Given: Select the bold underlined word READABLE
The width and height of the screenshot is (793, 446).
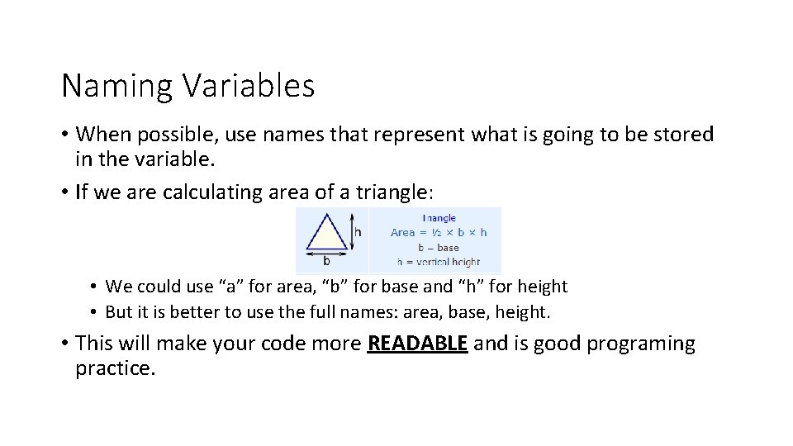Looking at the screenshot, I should pos(417,344).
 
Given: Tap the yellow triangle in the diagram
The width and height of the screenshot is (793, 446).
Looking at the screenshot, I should pos(327,235).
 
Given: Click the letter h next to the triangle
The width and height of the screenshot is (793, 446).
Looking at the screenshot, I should pos(359,233).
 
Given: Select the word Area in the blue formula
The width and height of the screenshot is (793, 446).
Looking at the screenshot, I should pos(402,232).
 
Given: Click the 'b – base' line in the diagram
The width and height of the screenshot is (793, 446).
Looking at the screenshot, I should pos(439,247).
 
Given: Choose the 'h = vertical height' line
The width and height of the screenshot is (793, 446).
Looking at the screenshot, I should pos(439,262).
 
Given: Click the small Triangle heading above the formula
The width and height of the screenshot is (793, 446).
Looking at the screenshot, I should pos(439,218).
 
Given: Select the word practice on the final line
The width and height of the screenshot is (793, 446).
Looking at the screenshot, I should pos(115,368).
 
